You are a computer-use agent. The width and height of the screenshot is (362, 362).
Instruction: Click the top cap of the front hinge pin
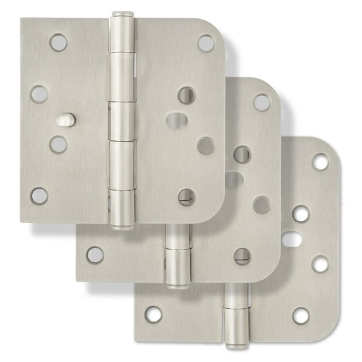(123, 15)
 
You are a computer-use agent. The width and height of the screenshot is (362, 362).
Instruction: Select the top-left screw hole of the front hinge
(58, 42)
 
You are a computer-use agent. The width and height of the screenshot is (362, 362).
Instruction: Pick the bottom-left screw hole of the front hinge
(39, 195)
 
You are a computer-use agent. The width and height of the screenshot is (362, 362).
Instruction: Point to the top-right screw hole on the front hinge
(206, 43)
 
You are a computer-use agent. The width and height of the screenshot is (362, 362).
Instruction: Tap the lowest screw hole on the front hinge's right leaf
(186, 197)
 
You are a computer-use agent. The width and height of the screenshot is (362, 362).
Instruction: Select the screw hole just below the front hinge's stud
(58, 144)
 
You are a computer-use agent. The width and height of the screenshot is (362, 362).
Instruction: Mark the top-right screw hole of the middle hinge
(262, 102)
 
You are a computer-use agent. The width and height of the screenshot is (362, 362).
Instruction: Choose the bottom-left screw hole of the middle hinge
(95, 255)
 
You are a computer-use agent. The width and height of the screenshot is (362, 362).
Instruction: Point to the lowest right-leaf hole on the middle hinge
(242, 256)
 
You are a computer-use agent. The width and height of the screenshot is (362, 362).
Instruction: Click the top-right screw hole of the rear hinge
(320, 162)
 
